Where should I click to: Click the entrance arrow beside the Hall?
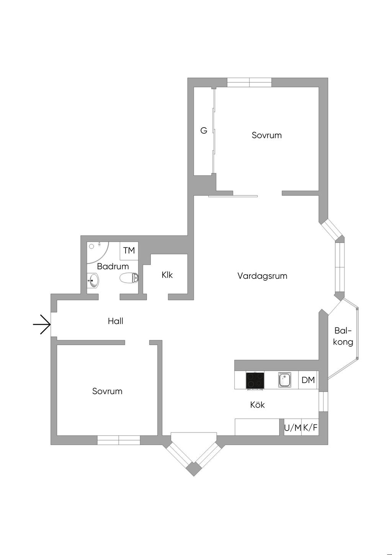tap(42, 324)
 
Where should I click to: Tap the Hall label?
tap(115, 321)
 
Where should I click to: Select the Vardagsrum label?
tap(262, 276)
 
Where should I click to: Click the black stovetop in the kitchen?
tap(255, 380)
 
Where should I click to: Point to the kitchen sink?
tap(284, 380)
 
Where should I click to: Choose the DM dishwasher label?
tap(308, 380)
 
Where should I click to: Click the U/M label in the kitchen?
tap(292, 428)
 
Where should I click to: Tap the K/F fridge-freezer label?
tap(310, 428)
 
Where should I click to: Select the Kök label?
tap(257, 404)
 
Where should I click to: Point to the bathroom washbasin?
tap(93, 282)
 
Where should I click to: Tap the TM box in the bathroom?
tap(129, 250)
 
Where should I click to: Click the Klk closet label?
tap(167, 275)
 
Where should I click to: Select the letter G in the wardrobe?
tap(204, 131)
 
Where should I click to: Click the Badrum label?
tap(113, 266)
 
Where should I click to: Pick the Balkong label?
tap(343, 336)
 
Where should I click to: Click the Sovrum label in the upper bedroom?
tap(266, 135)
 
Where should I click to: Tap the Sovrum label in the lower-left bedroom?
tap(107, 391)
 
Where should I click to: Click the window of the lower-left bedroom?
tap(119, 440)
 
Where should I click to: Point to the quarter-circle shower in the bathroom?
tap(96, 251)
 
